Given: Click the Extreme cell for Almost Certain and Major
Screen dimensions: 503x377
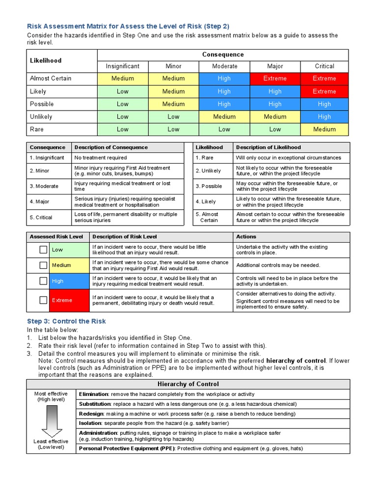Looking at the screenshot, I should pyautogui.click(x=274, y=79).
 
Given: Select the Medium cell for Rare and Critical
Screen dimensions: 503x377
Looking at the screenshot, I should pyautogui.click(x=324, y=130).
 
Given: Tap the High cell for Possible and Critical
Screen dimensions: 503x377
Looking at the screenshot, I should pyautogui.click(x=324, y=104).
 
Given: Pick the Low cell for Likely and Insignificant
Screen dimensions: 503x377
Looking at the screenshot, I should pyautogui.click(x=123, y=91).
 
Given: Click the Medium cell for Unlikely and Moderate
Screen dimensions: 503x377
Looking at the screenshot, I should pyautogui.click(x=224, y=117).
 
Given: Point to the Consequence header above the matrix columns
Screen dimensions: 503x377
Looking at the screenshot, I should pyautogui.click(x=223, y=55).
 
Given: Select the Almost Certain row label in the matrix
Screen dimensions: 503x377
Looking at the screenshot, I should pyautogui.click(x=51, y=79).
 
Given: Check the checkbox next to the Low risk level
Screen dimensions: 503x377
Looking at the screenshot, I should pyautogui.click(x=44, y=250).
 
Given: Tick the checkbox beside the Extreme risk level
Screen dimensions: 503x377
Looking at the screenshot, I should pyautogui.click(x=44, y=300).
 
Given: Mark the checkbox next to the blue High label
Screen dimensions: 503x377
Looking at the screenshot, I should pyautogui.click(x=44, y=281).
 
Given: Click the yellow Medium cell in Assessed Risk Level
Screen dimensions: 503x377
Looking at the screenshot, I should pyautogui.click(x=69, y=265).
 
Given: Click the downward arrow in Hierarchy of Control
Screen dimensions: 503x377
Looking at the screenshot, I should pyautogui.click(x=51, y=420).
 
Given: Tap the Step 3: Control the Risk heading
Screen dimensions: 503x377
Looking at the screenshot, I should pyautogui.click(x=66, y=321).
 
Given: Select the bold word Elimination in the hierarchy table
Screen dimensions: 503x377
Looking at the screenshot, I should pyautogui.click(x=94, y=394).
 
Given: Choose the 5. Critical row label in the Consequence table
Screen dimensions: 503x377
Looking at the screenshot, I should pyautogui.click(x=41, y=218).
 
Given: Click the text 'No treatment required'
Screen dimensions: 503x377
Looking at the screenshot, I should pyautogui.click(x=101, y=158).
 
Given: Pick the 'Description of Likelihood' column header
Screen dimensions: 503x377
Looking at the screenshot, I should pyautogui.click(x=269, y=147).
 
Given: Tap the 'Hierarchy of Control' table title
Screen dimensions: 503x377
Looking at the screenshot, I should pyautogui.click(x=188, y=384).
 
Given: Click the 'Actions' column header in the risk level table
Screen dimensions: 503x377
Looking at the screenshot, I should pyautogui.click(x=246, y=237).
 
